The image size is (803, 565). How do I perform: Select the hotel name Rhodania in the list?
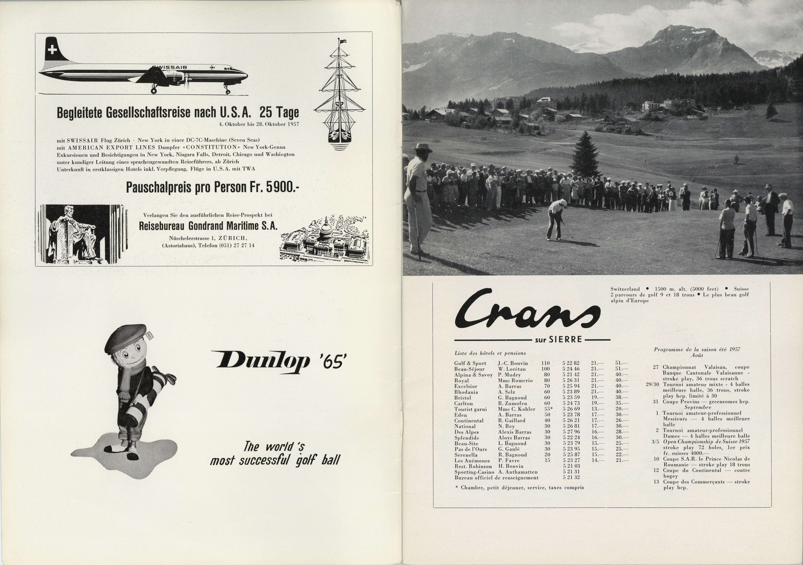click(466, 392)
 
